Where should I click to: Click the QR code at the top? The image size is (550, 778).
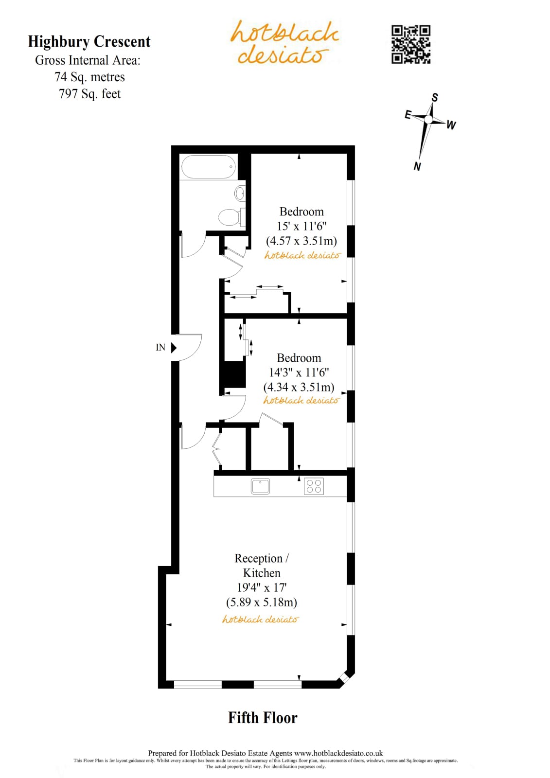tap(410, 44)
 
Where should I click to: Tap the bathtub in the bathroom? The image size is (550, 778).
tap(208, 167)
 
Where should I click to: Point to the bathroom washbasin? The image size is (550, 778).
tap(240, 193)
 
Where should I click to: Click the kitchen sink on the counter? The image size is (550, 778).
tap(260, 486)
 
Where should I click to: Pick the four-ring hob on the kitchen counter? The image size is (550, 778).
tap(314, 486)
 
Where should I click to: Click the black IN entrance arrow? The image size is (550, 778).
tap(174, 347)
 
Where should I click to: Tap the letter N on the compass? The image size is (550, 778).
tap(417, 166)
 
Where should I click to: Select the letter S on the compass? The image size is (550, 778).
tap(435, 98)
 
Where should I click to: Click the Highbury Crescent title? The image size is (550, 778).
tap(89, 42)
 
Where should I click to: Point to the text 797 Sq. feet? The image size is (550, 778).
tap(89, 94)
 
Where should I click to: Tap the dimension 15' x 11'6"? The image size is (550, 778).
tap(302, 226)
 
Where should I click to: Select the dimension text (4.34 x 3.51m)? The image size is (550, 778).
tap(299, 387)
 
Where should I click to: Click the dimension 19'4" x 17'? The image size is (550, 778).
tap(262, 587)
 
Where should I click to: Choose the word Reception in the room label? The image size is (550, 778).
tap(258, 558)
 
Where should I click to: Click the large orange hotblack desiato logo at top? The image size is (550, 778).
tap(284, 42)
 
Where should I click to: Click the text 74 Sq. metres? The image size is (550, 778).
tap(89, 77)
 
